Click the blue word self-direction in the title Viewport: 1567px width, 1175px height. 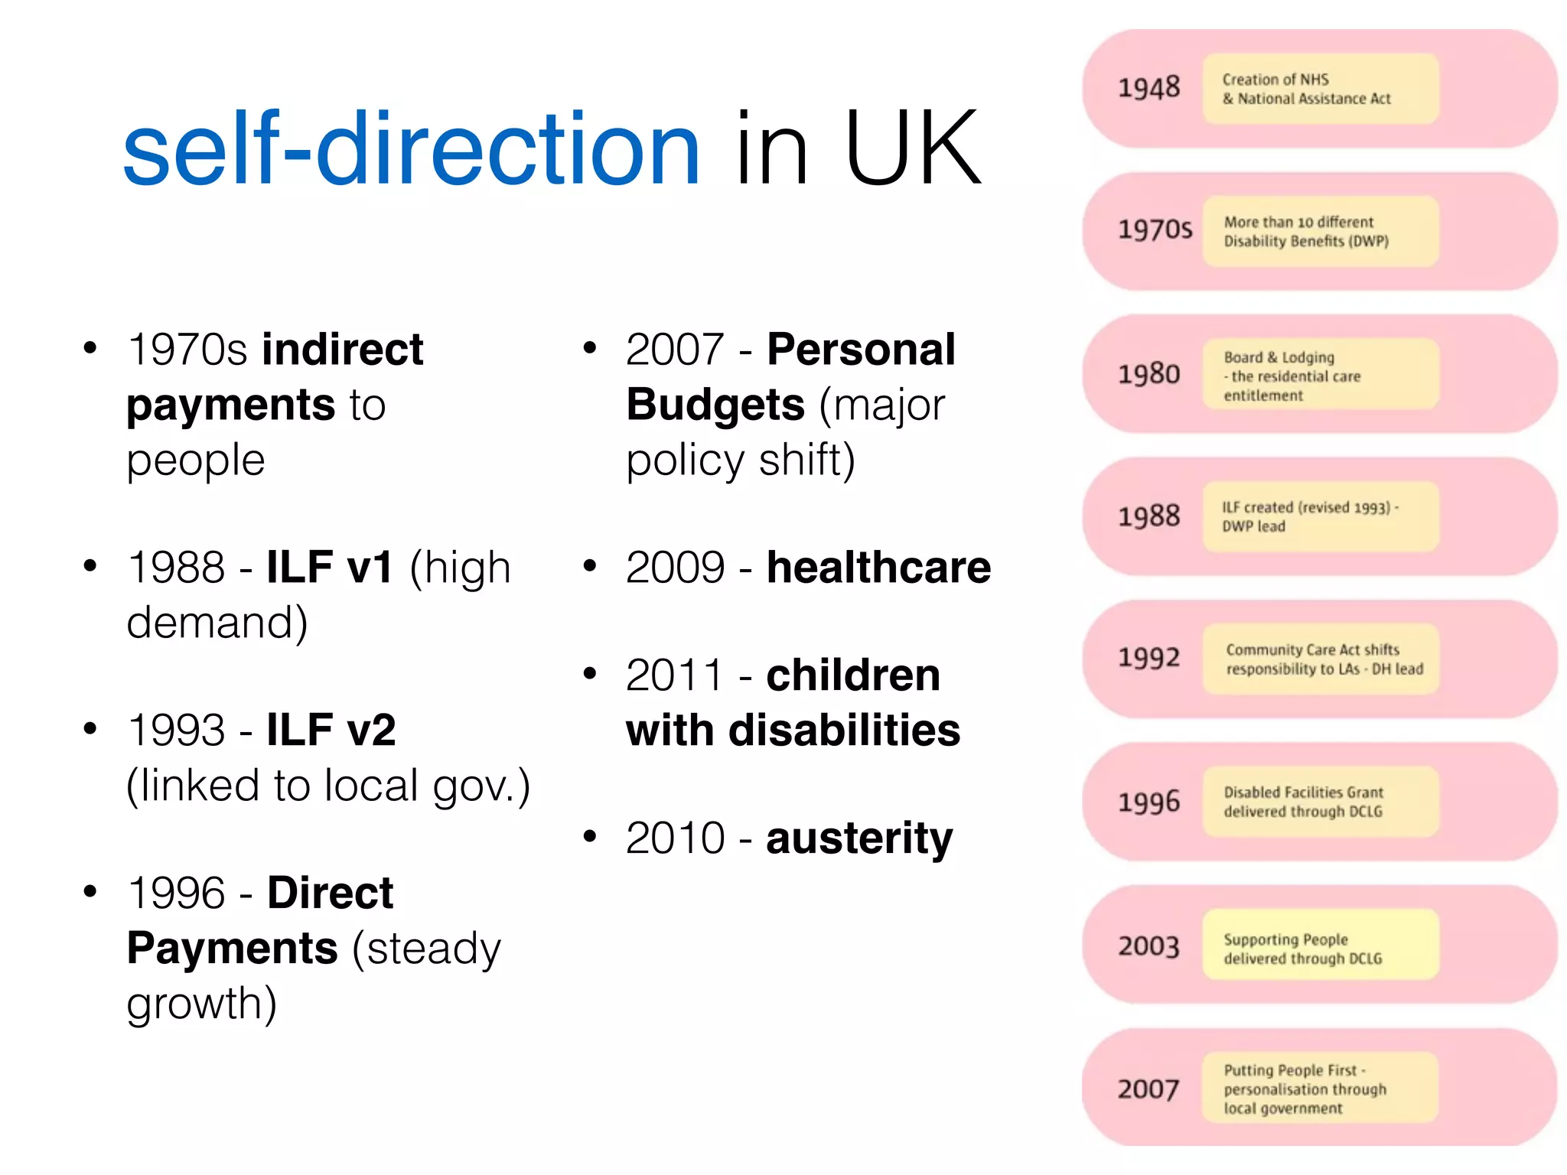tap(412, 149)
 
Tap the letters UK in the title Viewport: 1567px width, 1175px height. tap(912, 149)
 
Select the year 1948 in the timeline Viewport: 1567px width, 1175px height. tap(1148, 88)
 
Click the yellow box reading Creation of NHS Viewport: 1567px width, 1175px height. tap(1320, 89)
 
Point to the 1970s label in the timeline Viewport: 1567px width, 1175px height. tap(1154, 229)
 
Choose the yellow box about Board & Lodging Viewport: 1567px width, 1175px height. tap(1320, 375)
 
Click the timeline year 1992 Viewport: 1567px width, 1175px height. tap(1148, 658)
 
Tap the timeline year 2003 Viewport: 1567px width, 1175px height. tap(1148, 946)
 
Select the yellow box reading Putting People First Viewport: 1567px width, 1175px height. tap(1320, 1088)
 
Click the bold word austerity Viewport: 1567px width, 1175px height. tap(859, 838)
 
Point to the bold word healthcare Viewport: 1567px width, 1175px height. tap(878, 568)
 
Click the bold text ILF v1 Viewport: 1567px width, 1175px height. tap(330, 568)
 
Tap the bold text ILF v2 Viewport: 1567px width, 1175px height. tap(331, 730)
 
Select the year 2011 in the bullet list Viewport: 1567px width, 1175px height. tap(674, 675)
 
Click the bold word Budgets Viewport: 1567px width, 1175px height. tap(715, 405)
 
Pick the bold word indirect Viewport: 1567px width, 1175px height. tap(343, 350)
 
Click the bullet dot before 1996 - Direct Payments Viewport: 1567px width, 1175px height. tap(90, 891)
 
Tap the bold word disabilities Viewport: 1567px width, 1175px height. tap(844, 731)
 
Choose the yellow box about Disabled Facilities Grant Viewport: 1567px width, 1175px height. tap(1320, 802)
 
